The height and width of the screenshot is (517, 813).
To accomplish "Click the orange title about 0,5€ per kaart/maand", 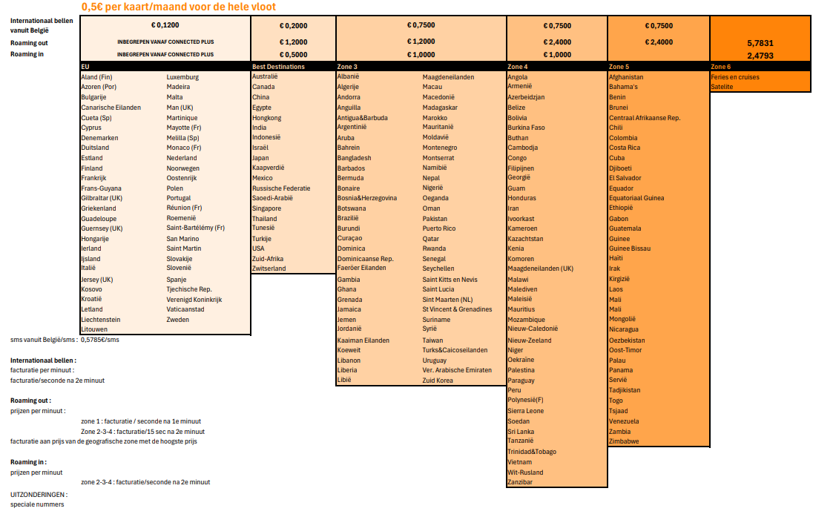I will click(x=178, y=7).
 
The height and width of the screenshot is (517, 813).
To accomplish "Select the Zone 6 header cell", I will click(x=720, y=67).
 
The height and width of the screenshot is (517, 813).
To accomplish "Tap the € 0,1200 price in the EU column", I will click(x=165, y=25).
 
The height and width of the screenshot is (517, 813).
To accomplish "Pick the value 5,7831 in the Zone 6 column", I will click(x=760, y=44).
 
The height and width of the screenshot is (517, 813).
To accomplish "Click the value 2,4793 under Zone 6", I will click(x=760, y=56).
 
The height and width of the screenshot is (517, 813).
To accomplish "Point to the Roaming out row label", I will click(x=29, y=43).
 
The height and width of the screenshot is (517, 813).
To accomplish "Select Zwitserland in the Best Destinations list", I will click(x=269, y=269).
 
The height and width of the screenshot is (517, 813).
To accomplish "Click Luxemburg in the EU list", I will click(x=182, y=77).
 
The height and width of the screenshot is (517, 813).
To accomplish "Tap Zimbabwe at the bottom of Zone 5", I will click(x=625, y=441).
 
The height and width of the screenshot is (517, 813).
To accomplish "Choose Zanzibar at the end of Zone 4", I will click(x=520, y=482).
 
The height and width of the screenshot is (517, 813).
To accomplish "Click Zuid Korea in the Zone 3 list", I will click(x=438, y=381).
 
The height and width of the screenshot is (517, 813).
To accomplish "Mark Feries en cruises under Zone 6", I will click(x=735, y=77).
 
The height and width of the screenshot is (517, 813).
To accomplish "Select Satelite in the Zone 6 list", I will click(x=722, y=87).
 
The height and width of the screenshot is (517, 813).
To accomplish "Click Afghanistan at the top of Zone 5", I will click(x=626, y=77).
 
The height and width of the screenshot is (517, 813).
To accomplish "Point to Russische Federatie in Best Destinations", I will click(x=281, y=188).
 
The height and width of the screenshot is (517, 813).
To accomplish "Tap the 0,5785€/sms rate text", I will click(x=99, y=340).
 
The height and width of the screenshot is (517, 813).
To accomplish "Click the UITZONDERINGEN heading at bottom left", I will click(x=39, y=494).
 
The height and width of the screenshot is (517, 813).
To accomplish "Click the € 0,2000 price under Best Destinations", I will click(x=293, y=25).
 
